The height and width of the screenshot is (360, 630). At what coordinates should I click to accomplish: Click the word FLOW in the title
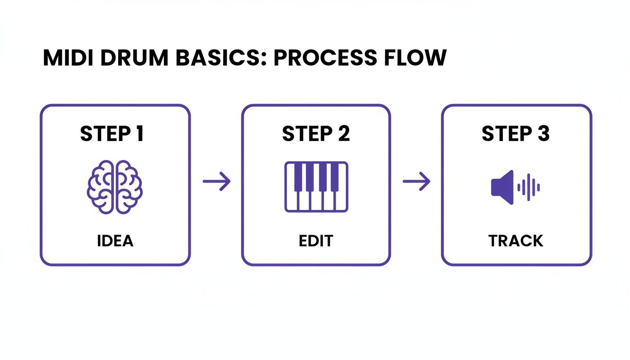tap(414, 58)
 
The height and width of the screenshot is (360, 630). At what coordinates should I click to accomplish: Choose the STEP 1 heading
tap(112, 134)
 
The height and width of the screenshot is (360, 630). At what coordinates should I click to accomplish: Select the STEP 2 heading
tap(315, 134)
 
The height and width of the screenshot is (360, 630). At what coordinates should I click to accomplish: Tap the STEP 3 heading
tap(515, 134)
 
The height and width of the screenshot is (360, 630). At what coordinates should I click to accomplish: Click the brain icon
tap(115, 187)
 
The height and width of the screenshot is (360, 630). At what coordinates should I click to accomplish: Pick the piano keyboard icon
tap(316, 187)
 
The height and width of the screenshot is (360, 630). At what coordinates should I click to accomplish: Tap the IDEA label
tap(115, 241)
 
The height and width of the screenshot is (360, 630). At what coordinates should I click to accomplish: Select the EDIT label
tap(315, 241)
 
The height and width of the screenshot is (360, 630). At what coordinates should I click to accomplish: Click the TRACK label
tap(516, 241)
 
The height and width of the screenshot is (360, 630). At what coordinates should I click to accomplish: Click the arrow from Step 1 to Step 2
tap(217, 181)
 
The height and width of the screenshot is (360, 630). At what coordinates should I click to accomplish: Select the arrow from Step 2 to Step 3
tap(416, 181)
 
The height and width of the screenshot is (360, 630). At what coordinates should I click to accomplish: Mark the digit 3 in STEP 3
tap(543, 134)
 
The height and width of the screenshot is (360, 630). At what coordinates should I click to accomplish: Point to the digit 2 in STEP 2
tap(343, 134)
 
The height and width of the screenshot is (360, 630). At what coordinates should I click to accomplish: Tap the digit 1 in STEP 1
tap(139, 134)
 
